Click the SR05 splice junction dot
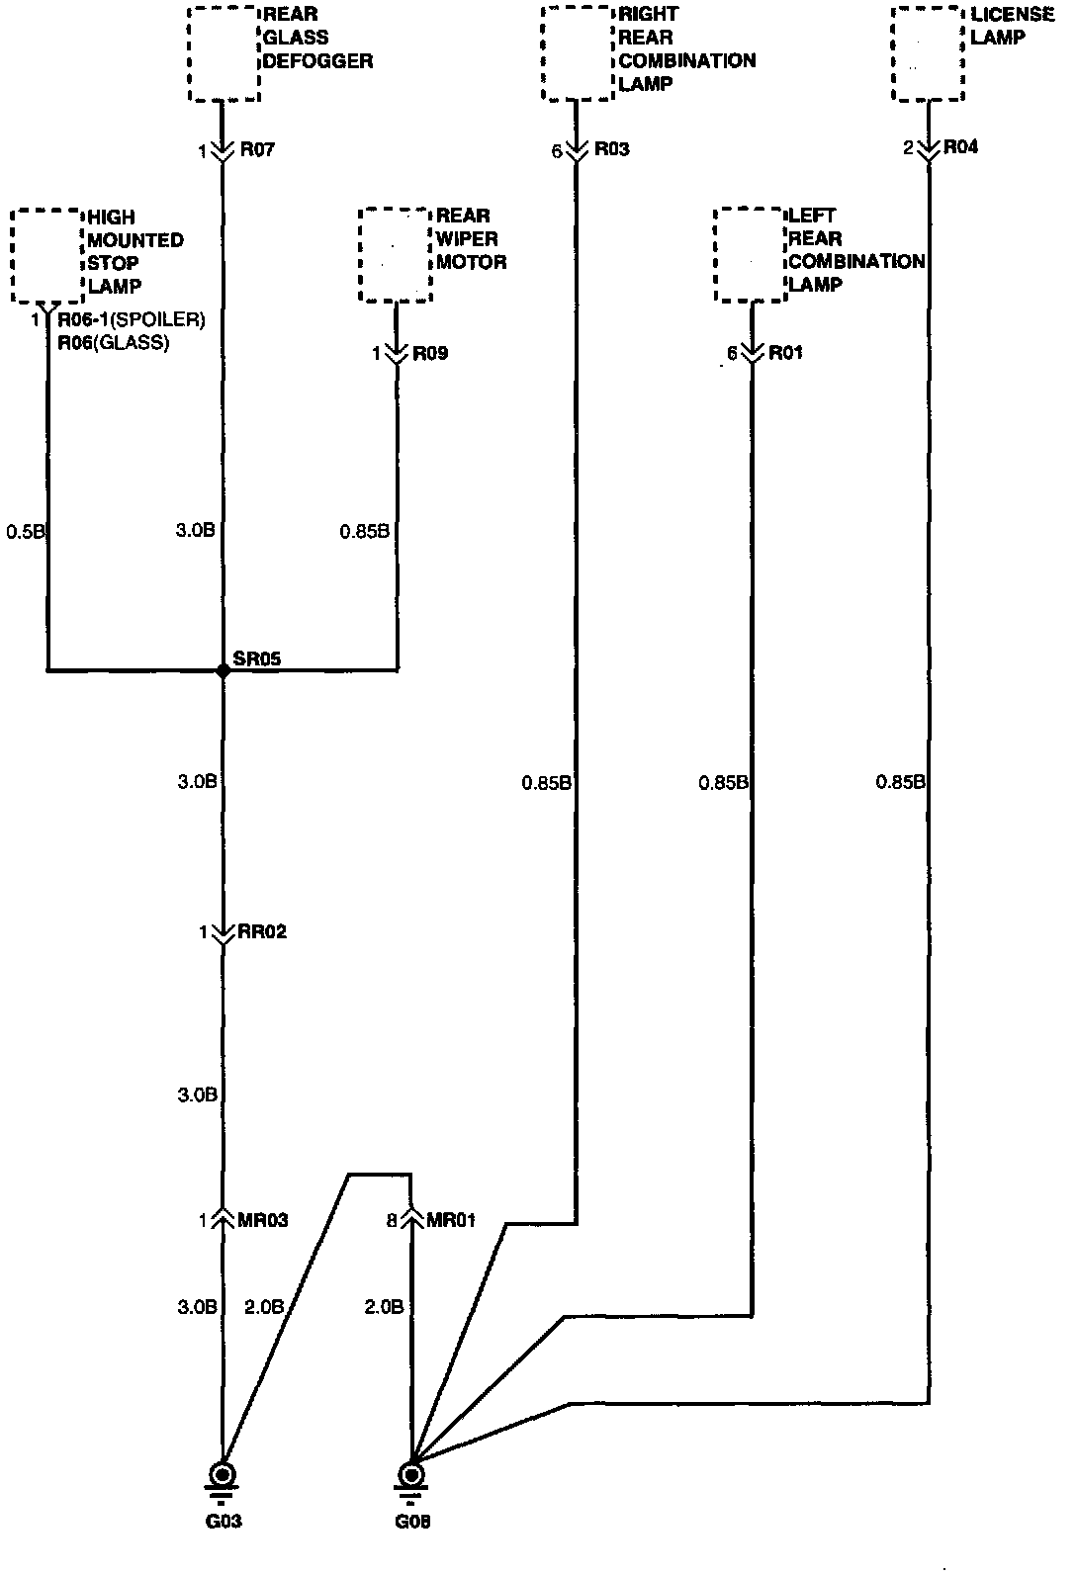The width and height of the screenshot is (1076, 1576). pos(223,670)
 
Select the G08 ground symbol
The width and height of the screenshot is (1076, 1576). pos(410,1476)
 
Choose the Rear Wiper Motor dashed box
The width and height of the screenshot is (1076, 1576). pos(396,255)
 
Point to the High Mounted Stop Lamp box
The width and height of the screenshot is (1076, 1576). pos(47,255)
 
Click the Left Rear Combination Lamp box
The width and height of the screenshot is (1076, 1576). pos(751,255)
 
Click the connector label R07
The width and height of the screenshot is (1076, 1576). pos(256,151)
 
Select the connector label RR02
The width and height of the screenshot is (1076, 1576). pos(262,932)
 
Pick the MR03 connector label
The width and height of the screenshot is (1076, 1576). pos(263,1220)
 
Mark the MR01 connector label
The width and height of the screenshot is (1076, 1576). pos(450,1220)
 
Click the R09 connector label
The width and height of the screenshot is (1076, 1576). pos(430,353)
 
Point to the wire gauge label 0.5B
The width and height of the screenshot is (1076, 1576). pos(26,532)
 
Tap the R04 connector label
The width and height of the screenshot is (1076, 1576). pos(960,147)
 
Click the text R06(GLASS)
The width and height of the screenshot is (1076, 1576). pos(114,342)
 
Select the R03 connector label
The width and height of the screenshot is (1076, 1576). pos(611,149)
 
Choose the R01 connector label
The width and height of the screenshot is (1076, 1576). pos(785,353)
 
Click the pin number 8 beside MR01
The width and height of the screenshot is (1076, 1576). pos(392,1221)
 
